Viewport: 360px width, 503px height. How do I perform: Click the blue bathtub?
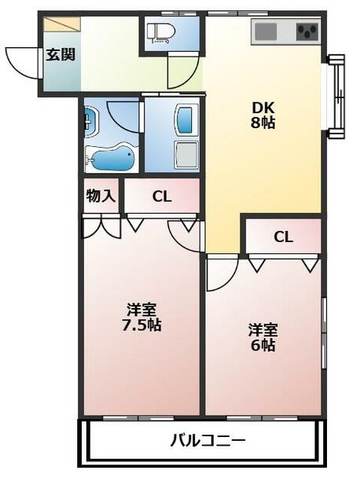pos(112,160)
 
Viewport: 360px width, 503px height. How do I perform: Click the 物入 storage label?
pos(101,196)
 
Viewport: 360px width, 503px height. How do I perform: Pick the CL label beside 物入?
pos(161,197)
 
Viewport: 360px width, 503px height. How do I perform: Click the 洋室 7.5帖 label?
pos(141,315)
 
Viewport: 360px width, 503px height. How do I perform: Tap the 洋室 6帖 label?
pos(263,336)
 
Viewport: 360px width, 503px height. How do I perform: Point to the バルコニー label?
pos(208,440)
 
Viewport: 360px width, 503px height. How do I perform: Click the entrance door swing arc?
pos(24,61)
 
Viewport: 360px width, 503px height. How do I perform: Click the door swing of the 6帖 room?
pos(222,271)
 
